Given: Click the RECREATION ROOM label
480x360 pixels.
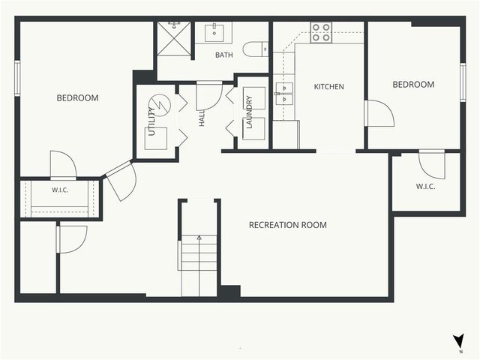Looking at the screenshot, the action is click(x=288, y=225).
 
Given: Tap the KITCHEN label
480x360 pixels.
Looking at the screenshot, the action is click(x=329, y=87).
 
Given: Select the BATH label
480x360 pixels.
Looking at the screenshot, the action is click(x=224, y=55).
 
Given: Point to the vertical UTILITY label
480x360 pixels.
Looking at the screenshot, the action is click(x=152, y=121).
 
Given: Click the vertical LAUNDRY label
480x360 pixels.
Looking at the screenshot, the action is click(x=249, y=112).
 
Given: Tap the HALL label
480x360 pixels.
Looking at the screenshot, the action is click(x=202, y=118).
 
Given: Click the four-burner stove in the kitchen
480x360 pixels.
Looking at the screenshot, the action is click(x=321, y=32).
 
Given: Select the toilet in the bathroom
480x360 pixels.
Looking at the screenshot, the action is click(x=256, y=49).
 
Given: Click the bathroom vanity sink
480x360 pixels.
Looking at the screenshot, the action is click(x=214, y=31).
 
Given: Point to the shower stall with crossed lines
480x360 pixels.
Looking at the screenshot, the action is click(x=174, y=38).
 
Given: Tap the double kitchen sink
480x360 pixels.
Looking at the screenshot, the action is click(x=284, y=93).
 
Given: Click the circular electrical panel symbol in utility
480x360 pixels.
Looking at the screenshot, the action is click(x=160, y=104).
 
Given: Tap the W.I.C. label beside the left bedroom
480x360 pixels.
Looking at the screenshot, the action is click(x=60, y=190).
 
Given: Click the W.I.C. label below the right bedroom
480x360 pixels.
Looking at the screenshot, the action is click(x=426, y=187).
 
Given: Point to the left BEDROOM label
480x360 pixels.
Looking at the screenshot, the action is click(x=78, y=98).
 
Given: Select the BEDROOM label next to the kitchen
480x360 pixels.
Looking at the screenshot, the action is click(x=413, y=85).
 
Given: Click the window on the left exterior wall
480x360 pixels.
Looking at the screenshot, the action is click(x=17, y=78).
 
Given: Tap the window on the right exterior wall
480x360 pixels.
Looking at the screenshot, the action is click(x=463, y=82).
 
